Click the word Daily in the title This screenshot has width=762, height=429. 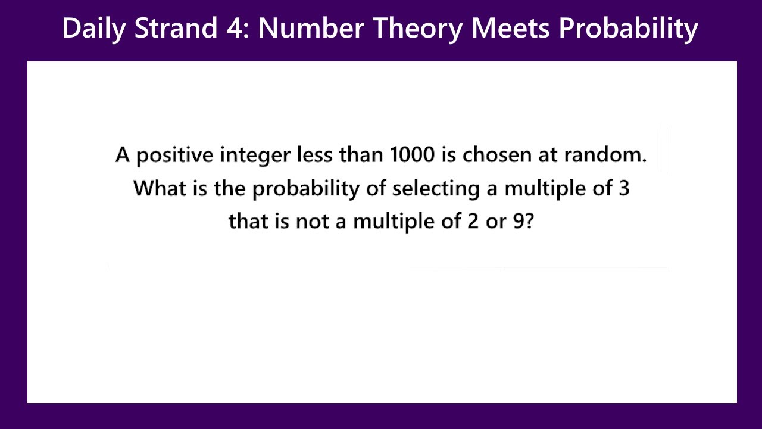pyautogui.click(x=93, y=29)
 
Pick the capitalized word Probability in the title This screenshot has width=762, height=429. pyautogui.click(x=628, y=29)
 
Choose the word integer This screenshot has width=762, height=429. pyautogui.click(x=255, y=157)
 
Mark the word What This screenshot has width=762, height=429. pyautogui.click(x=155, y=189)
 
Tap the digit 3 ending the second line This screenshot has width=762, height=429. pyautogui.click(x=624, y=189)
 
